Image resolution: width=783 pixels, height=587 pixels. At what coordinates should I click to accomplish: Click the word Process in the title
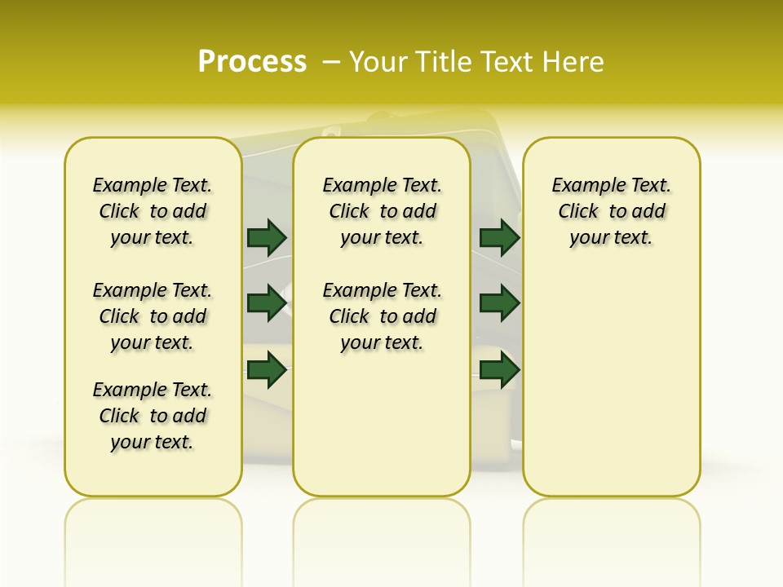click(x=252, y=62)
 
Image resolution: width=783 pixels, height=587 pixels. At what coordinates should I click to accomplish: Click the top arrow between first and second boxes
click(x=267, y=238)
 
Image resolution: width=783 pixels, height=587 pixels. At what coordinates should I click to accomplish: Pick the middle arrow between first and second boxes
click(x=267, y=304)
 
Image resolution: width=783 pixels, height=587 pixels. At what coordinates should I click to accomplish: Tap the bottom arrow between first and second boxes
click(x=267, y=371)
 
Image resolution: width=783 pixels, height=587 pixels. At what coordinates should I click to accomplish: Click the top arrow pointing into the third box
click(x=499, y=238)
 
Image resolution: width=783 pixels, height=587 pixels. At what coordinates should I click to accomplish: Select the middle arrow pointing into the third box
click(x=499, y=304)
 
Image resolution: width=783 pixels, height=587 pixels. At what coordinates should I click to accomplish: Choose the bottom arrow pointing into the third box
click(x=499, y=371)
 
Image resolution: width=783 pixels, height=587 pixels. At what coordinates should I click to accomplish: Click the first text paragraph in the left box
click(x=153, y=211)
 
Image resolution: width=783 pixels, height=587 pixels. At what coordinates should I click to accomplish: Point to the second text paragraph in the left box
click(x=153, y=316)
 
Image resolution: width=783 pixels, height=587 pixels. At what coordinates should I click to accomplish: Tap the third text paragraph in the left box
click(x=153, y=416)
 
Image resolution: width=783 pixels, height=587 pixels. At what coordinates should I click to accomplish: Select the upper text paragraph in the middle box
click(x=383, y=211)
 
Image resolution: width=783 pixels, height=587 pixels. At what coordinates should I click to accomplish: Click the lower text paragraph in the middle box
click(x=383, y=316)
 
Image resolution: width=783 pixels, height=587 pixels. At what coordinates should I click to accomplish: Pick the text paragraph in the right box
click(x=612, y=211)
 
